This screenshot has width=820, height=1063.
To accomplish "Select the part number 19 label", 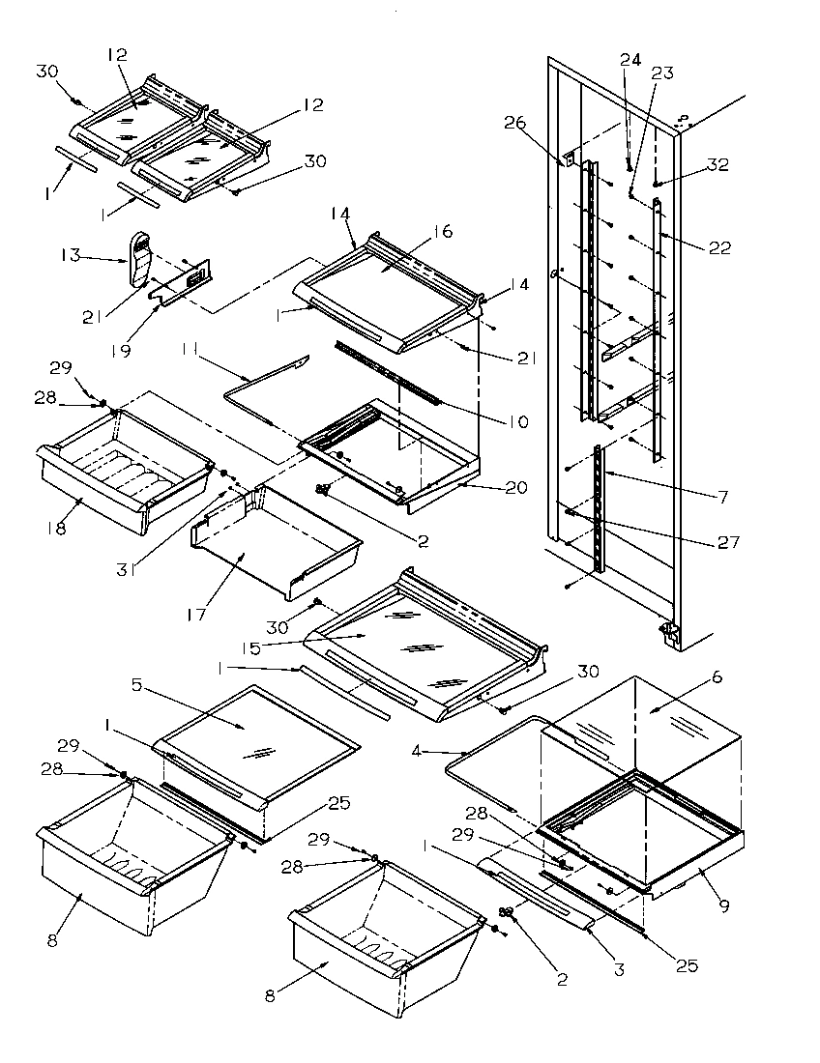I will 121,351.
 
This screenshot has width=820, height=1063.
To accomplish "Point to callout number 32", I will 717,165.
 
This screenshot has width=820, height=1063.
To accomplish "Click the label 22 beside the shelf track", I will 718,247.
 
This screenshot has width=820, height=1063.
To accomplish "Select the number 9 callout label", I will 723,905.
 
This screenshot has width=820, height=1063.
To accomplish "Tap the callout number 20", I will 516,488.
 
